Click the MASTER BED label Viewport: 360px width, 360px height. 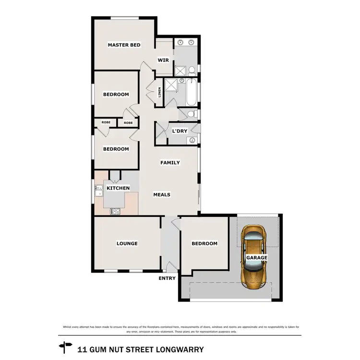coord(124,45)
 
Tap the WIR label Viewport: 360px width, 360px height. coord(163,60)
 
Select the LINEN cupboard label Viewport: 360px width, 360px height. coord(160,92)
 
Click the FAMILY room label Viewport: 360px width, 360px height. coord(170,163)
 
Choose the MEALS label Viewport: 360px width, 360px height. coord(162,194)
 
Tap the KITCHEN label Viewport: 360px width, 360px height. coord(118,188)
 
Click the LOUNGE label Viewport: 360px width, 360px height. coord(127,243)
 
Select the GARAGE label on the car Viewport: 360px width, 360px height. coord(257,258)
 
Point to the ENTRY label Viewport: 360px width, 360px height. coord(168,278)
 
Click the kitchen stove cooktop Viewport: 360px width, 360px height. coord(116,210)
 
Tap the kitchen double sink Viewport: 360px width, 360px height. coord(98,191)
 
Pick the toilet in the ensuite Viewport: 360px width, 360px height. coord(191,71)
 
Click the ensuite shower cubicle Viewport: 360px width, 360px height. coord(180,71)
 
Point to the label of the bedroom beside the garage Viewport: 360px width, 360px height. coord(204,243)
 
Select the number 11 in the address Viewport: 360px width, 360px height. coord(82,349)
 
